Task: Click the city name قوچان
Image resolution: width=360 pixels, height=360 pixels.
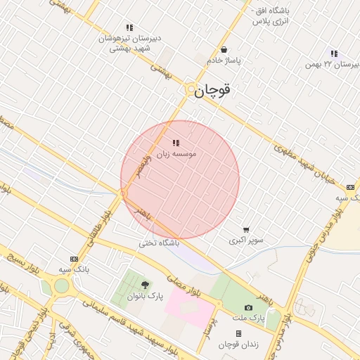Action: coord(213,90)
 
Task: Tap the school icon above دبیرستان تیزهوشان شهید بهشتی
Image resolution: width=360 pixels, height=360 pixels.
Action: coord(129,27)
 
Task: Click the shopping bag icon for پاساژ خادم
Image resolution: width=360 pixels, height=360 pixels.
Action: coord(224,50)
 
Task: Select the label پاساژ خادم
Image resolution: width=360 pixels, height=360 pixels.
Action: coord(224,61)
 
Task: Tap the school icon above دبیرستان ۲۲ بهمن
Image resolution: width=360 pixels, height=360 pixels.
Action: coord(334,53)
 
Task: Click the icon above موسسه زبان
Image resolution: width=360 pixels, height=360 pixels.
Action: coord(175,143)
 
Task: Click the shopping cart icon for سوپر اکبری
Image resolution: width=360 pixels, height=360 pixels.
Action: coord(245,229)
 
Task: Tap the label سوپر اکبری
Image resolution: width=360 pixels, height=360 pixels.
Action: coord(246,240)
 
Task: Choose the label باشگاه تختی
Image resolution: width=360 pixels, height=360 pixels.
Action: coord(158,243)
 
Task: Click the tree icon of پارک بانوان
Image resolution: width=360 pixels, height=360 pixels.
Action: coord(145,285)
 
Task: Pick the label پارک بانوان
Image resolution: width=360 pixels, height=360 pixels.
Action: coord(145,296)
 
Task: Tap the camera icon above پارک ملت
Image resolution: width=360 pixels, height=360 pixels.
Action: coord(248,308)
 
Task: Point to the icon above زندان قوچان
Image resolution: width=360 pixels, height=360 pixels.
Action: coord(238,333)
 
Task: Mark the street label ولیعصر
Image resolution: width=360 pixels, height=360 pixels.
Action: coord(143,167)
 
